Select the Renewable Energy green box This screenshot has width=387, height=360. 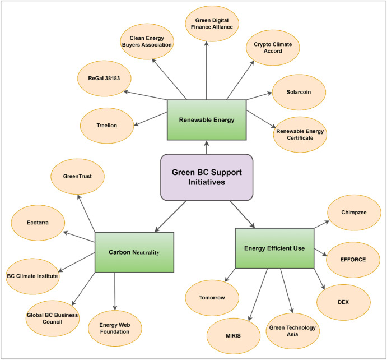pos(206,119)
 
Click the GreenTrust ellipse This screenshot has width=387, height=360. pos(79,176)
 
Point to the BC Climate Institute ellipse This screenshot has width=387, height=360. pos(32,275)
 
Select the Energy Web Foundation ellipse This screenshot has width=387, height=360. pos(115,327)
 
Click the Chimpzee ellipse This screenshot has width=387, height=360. pos(353,212)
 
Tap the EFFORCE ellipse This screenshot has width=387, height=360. pos(353,260)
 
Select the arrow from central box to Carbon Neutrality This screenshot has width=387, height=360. pos(171,216)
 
